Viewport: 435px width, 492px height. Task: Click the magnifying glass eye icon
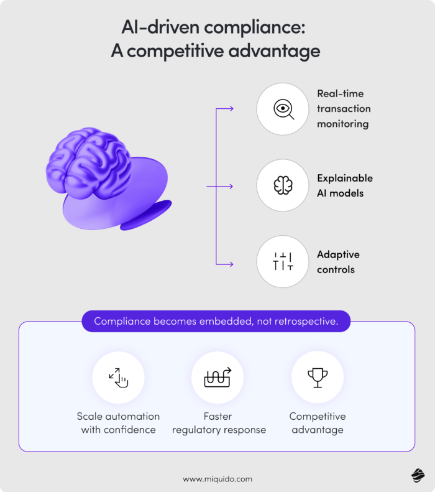[x=283, y=109]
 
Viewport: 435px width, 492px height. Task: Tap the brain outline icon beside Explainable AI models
[x=283, y=185]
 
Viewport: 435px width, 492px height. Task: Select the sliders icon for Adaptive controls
[x=283, y=262]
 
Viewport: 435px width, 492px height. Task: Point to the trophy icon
[x=318, y=377]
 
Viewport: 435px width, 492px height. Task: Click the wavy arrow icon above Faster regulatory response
[x=217, y=377]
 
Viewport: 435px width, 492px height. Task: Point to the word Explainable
[x=345, y=178]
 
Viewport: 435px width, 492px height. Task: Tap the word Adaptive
[x=338, y=254]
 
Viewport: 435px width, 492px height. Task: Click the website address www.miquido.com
[x=217, y=479]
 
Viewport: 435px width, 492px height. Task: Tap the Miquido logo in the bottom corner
[x=418, y=475]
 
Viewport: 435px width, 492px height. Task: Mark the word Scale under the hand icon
[x=90, y=416]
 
